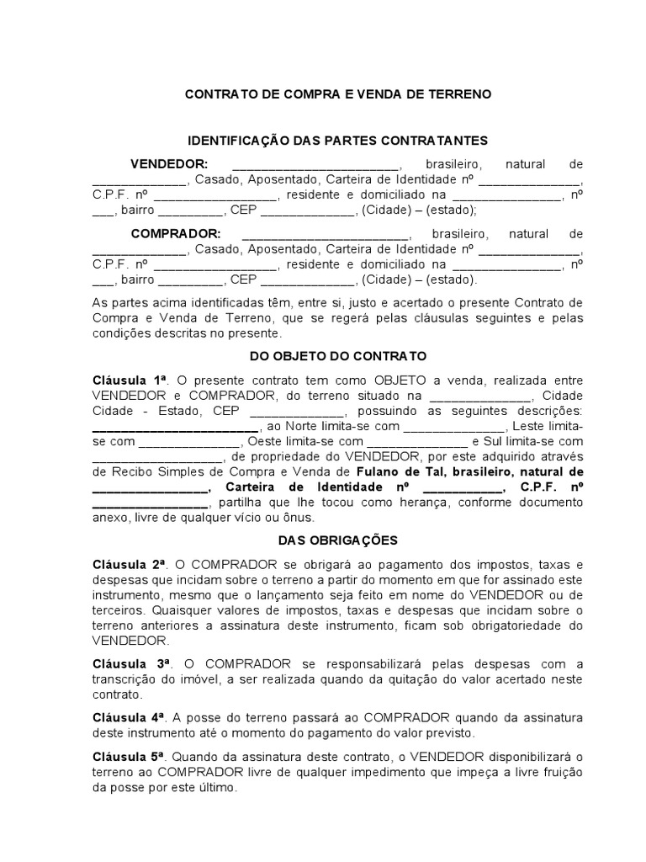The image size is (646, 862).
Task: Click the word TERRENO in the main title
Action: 458,95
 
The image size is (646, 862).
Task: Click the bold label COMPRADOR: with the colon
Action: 176,233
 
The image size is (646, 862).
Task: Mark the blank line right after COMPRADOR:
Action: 325,236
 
